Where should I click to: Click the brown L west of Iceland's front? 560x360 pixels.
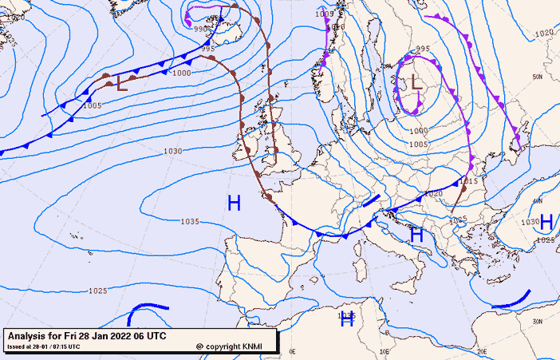pyautogui.click(x=120, y=83)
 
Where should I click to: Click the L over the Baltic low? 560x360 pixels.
pyautogui.click(x=415, y=82)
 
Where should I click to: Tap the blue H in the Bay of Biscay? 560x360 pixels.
pyautogui.click(x=234, y=204)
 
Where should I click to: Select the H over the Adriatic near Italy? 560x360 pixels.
pyautogui.click(x=416, y=235)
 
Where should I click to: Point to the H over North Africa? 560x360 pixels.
pyautogui.click(x=347, y=319)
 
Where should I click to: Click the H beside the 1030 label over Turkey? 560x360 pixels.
pyautogui.click(x=546, y=221)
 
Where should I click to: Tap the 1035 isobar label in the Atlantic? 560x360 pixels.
pyautogui.click(x=190, y=222)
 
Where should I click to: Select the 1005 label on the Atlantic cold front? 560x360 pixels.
pyautogui.click(x=92, y=105)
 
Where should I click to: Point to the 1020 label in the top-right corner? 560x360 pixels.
pyautogui.click(x=543, y=33)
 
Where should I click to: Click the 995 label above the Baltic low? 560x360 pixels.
pyautogui.click(x=423, y=49)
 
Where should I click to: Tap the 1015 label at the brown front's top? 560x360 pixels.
pyautogui.click(x=469, y=181)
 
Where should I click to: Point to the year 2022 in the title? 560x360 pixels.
pyautogui.click(x=120, y=336)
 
